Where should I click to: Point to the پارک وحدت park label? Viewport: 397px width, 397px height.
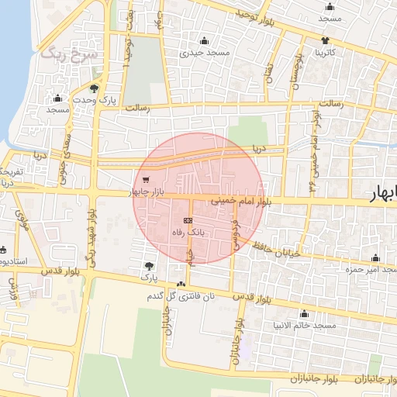[95, 100]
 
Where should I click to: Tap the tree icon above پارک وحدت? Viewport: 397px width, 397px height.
[95, 88]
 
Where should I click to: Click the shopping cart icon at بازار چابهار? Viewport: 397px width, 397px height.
[147, 181]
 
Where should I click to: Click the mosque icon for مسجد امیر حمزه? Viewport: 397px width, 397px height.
[377, 258]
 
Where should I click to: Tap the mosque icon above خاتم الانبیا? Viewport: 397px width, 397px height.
[303, 314]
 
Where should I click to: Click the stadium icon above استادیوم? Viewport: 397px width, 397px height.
[3, 250]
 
